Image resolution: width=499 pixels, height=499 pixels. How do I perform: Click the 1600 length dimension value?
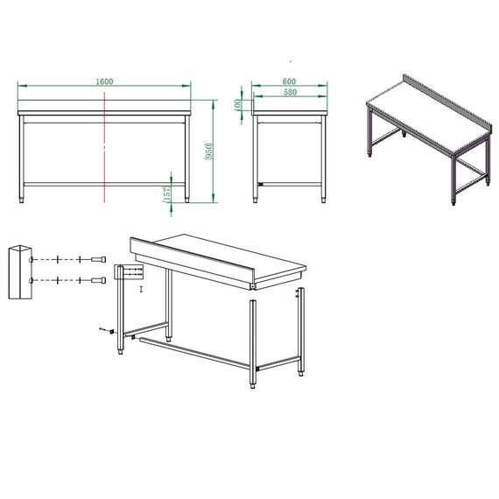(x=106, y=81)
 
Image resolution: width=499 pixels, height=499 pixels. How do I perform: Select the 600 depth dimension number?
(x=289, y=81)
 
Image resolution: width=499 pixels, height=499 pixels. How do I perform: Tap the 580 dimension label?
(x=289, y=92)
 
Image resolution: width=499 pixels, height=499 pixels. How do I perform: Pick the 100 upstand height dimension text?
(x=238, y=104)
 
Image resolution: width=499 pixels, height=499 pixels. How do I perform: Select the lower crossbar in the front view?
(x=105, y=183)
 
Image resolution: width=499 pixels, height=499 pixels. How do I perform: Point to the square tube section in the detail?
(x=18, y=271)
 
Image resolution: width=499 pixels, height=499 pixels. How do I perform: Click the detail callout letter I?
(x=141, y=286)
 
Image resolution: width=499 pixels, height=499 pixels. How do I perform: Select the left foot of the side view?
(x=257, y=200)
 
